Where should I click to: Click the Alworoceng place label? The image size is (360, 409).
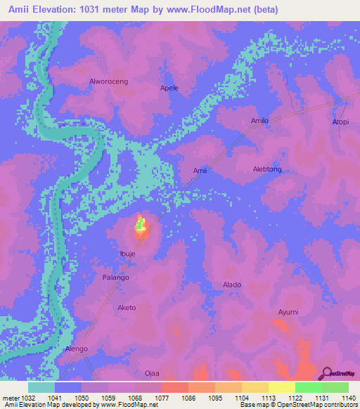108,82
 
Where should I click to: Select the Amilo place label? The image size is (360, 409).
260,121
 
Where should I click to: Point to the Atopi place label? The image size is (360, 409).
340,122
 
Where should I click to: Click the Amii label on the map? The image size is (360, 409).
200,170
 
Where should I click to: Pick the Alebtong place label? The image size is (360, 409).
267,169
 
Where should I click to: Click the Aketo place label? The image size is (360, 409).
127,308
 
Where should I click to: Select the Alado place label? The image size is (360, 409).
232,285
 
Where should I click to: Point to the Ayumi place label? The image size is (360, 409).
288,312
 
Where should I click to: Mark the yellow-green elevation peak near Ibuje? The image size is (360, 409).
141,226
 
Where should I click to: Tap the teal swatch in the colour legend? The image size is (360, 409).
41,387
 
